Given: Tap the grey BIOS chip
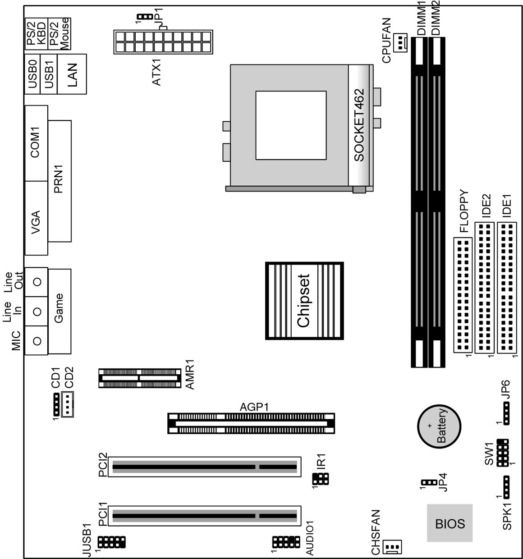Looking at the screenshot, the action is [450, 522].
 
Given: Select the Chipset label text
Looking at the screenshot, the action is [303, 301].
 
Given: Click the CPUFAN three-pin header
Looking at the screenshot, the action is [400, 42].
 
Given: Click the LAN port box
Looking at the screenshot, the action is [72, 74].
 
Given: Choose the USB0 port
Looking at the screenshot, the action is [32, 74].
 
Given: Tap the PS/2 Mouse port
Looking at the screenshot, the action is [60, 34].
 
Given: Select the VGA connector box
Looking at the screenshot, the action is [36, 218].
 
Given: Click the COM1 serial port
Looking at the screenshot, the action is [36, 143].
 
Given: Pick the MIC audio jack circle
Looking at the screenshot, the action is [37, 341].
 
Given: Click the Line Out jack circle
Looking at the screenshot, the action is [37, 281].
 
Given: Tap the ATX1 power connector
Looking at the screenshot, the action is [163, 42].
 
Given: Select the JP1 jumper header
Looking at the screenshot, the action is [145, 17].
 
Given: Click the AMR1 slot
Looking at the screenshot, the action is [140, 378].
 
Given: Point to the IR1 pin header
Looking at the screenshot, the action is [321, 479].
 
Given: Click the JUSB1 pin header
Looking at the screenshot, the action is [111, 542].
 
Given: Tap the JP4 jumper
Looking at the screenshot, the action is [429, 482].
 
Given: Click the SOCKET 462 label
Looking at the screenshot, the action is [359, 125].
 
